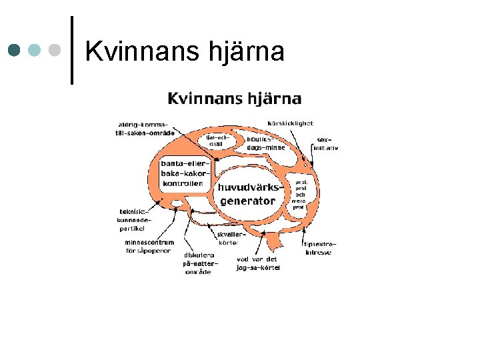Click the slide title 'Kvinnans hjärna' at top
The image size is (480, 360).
coord(185,51)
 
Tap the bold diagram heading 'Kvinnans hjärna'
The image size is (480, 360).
coord(234,99)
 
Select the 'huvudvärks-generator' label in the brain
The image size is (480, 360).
coord(247,194)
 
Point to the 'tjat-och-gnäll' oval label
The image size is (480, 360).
coord(217,141)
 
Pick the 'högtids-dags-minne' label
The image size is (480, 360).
coord(265,143)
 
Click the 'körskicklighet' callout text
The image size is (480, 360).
coord(289,123)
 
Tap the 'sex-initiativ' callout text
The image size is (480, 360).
coord(327,143)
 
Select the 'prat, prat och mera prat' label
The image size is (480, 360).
coord(301,194)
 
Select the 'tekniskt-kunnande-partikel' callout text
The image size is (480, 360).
coord(134,219)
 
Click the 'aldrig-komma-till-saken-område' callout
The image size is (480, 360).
coord(143,129)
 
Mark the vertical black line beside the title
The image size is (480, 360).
coord(71,50)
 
